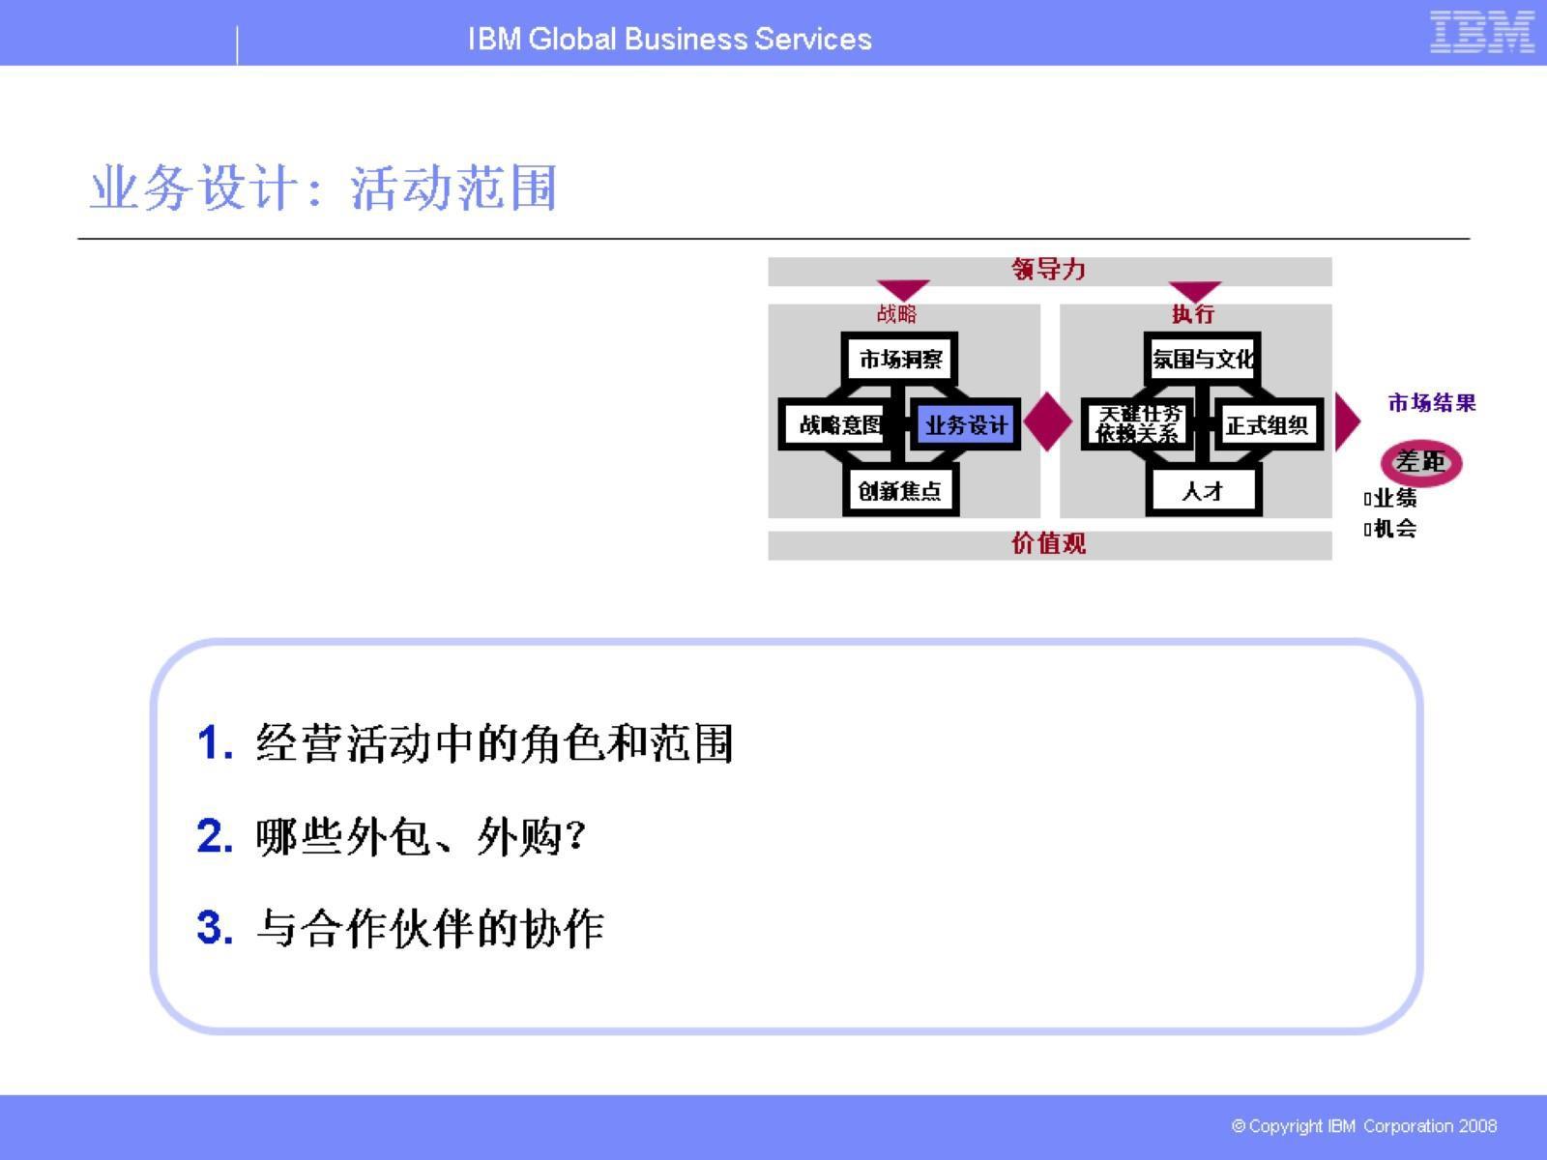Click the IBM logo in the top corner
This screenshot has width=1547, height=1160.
[1481, 32]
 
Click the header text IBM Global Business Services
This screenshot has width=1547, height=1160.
[669, 39]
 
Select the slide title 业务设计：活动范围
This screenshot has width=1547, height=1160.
[323, 188]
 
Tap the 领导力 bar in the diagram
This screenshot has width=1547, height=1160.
[1049, 270]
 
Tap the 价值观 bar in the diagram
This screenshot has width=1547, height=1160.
[1049, 543]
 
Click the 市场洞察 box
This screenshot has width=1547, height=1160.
[900, 360]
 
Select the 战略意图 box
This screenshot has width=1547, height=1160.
[837, 424]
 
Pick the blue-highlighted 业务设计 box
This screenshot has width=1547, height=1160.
[965, 424]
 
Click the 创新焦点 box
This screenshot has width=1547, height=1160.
[900, 490]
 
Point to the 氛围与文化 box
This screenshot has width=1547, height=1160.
[1202, 360]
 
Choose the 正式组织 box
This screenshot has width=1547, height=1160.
[1267, 424]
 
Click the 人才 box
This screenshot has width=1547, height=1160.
[1203, 490]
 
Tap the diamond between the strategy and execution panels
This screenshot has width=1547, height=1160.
[1048, 422]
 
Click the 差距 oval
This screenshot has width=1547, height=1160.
[1420, 462]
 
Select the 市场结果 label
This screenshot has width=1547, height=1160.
[1432, 403]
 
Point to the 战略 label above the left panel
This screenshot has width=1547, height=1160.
[896, 313]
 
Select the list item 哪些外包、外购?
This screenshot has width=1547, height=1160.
[421, 836]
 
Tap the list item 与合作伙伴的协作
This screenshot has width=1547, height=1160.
[430, 928]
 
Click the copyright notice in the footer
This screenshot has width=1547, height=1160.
[1363, 1126]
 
